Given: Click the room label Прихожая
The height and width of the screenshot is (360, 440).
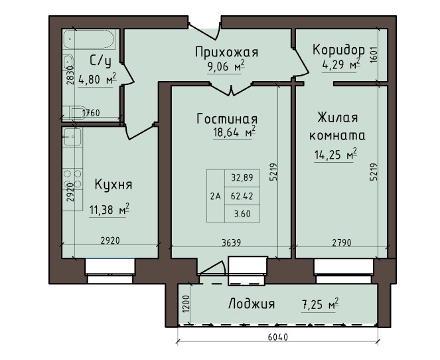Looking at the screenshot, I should click(226, 52).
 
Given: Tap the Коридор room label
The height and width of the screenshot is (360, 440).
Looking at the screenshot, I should click(338, 50).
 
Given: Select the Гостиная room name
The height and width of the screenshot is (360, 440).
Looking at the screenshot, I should click(227, 120).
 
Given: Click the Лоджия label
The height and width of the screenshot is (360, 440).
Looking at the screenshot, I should click(252, 304).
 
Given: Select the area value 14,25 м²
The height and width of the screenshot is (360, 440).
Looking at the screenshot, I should click(336, 157).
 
